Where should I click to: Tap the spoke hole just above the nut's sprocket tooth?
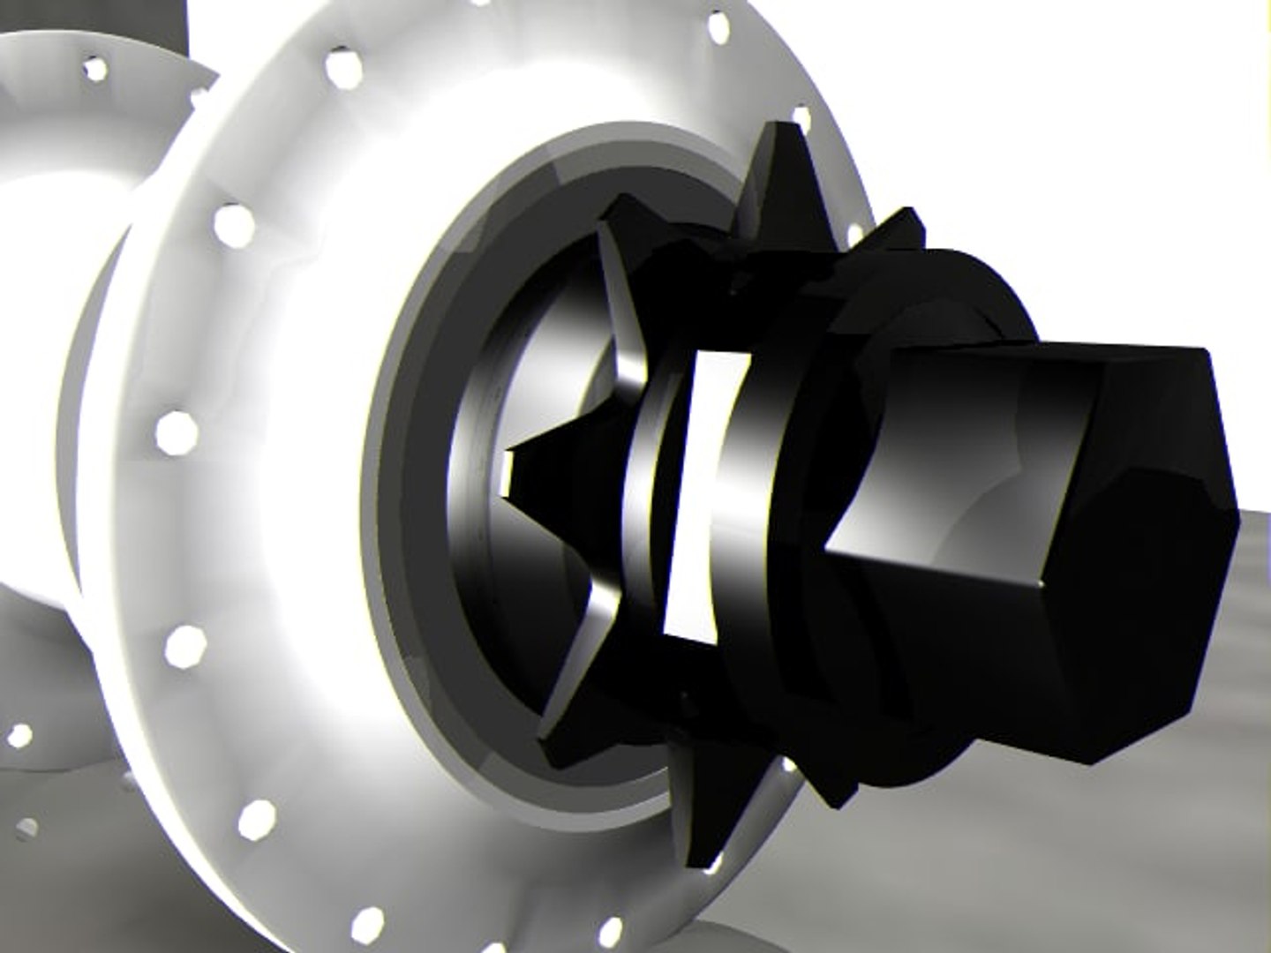coord(801,119)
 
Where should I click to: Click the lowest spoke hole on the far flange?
coord(26,829)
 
